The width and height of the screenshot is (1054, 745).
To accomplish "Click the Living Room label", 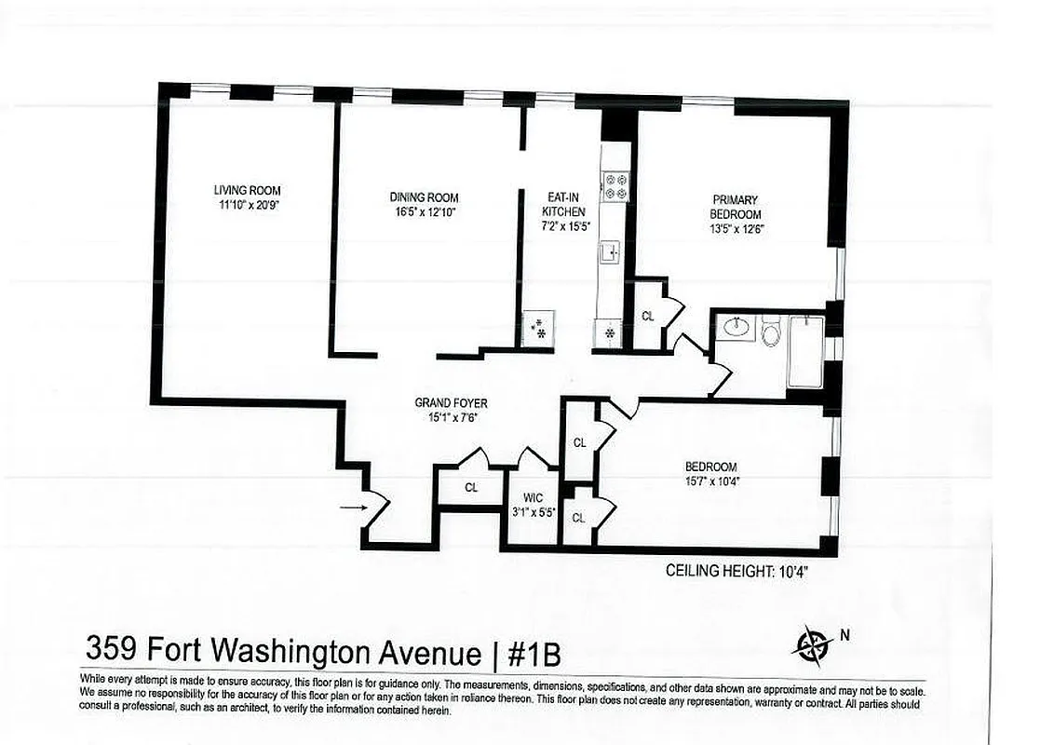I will click(247, 190).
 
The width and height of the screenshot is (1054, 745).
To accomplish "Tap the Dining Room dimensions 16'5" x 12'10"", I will click(424, 211).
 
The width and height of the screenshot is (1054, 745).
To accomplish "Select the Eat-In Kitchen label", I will click(564, 204).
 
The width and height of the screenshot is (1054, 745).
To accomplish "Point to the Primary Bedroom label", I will click(736, 207).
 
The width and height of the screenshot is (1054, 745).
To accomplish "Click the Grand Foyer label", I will click(452, 403).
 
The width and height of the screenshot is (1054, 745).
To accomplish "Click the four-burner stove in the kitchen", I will click(615, 186).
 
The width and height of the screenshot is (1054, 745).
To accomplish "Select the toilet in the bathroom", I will click(771, 330).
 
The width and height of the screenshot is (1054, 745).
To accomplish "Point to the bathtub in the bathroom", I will click(805, 351).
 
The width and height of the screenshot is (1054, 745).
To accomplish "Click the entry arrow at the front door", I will click(352, 508).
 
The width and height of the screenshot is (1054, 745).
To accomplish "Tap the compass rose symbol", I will click(813, 643).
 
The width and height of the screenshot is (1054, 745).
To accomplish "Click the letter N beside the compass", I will click(845, 636).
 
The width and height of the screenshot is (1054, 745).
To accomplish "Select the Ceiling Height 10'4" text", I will click(736, 572).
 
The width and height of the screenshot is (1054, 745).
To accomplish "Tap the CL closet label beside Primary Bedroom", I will click(648, 316).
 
